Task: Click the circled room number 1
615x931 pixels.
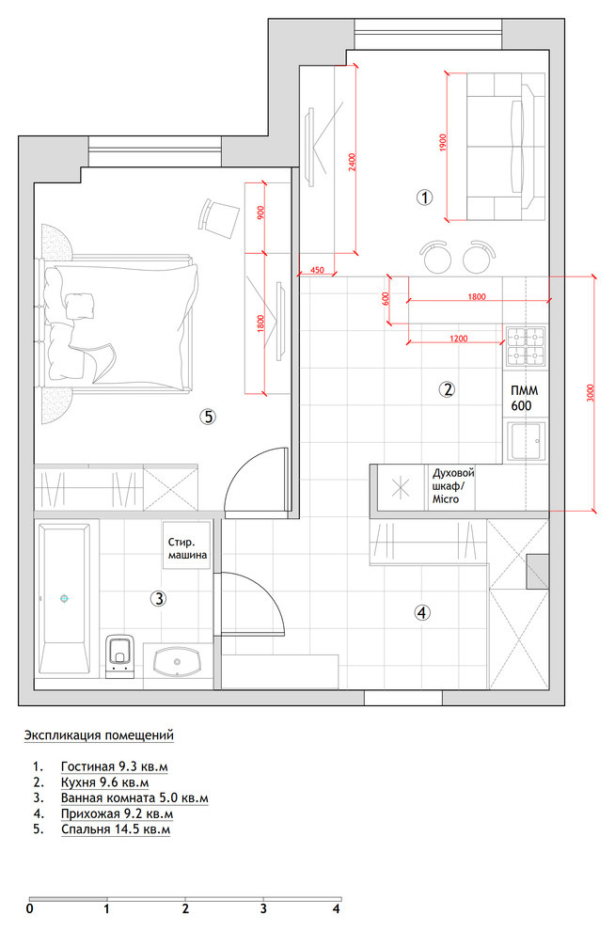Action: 424,197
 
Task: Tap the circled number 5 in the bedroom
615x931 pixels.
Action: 207,417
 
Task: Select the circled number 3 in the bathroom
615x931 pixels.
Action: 158,598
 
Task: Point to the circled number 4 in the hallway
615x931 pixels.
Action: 421,612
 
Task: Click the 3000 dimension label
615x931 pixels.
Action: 590,394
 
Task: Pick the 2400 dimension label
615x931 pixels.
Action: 353,162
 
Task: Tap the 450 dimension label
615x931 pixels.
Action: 317,270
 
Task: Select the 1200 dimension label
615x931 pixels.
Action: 459,339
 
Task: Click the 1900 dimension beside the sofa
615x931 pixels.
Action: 443,143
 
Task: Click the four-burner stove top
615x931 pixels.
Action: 526,345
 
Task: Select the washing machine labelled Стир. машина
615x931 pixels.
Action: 187,545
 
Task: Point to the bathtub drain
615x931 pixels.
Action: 64,598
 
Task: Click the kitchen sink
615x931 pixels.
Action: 526,441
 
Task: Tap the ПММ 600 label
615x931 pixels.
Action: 523,399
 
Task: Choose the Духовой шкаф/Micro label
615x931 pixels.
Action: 453,486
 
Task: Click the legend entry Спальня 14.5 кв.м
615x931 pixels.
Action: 116,828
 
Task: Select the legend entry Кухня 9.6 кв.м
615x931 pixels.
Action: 105,782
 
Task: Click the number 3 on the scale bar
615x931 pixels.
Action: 263,909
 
